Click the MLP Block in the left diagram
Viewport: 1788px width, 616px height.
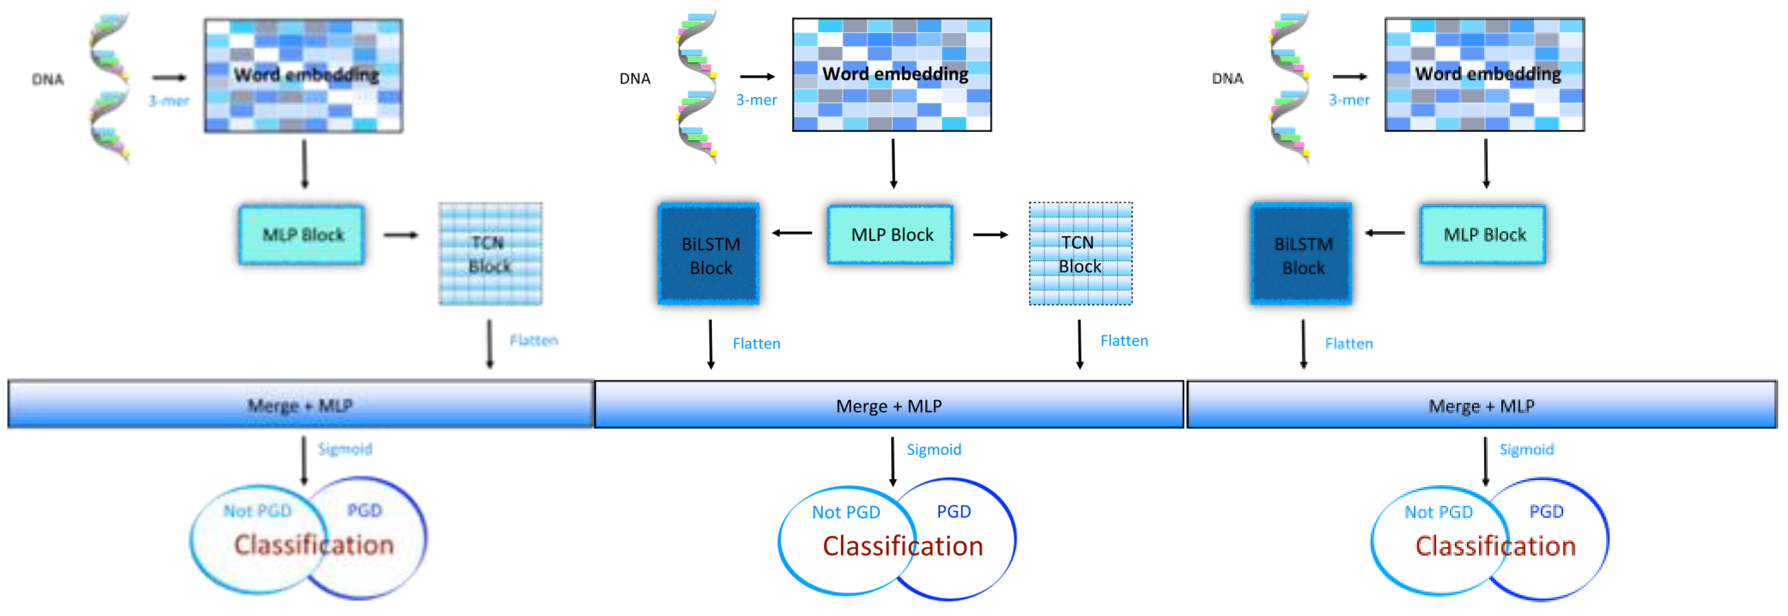click(x=302, y=235)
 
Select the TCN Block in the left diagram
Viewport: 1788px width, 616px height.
click(x=490, y=254)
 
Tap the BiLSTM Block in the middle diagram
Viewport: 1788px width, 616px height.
click(x=709, y=255)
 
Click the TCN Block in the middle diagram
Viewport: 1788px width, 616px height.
click(x=1080, y=254)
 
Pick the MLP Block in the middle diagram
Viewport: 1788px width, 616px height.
click(x=891, y=235)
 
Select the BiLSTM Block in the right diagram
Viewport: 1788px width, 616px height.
click(x=1301, y=255)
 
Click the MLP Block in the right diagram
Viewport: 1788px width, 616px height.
click(x=1484, y=235)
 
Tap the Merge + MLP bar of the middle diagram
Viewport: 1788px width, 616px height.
click(x=888, y=405)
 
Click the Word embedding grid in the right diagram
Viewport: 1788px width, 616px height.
click(x=1484, y=74)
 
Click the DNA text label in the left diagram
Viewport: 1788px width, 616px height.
click(x=47, y=79)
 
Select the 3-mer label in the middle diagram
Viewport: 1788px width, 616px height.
click(x=756, y=100)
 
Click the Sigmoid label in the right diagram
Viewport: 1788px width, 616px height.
click(x=1526, y=449)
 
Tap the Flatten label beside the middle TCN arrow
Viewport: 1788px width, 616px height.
click(x=1124, y=341)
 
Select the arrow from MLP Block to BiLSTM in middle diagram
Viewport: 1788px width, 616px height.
click(x=792, y=233)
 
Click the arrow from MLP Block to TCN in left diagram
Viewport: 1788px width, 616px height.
click(x=401, y=235)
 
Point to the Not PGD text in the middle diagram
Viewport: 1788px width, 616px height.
click(x=845, y=512)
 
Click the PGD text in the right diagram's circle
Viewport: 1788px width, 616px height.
click(x=1546, y=512)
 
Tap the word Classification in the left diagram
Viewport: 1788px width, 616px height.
click(x=314, y=545)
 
